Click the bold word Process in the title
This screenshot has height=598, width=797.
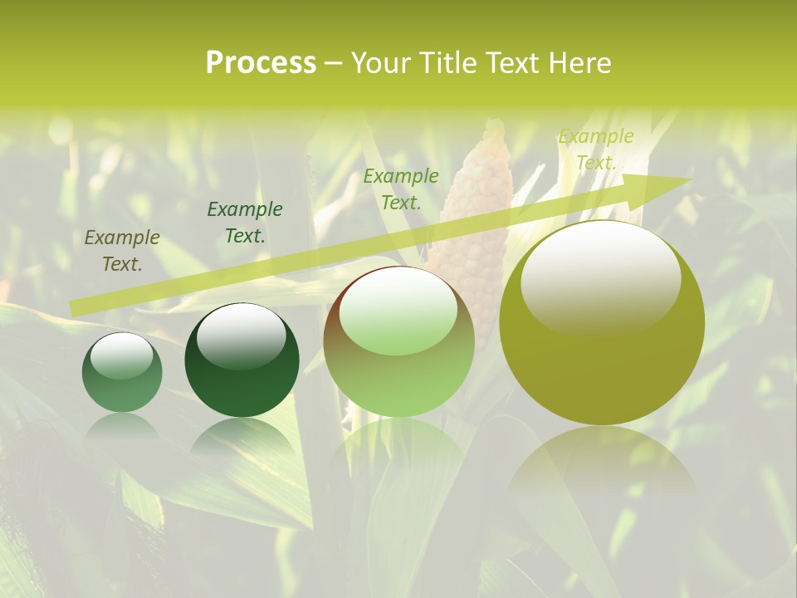(261, 63)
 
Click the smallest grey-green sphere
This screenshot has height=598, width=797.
(122, 373)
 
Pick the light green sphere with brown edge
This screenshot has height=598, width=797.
(398, 342)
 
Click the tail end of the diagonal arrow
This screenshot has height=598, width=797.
(75, 308)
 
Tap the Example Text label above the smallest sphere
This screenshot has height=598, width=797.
(122, 251)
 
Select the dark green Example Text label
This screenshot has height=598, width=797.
(245, 223)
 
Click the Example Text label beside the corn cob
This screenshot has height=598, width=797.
(401, 189)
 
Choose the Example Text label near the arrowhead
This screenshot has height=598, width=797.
(596, 149)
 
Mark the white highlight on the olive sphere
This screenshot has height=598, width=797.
(600, 274)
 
